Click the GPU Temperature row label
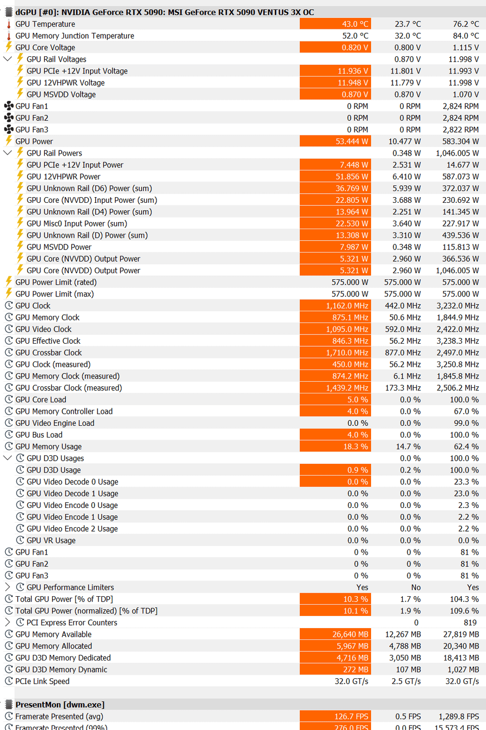[x=45, y=24]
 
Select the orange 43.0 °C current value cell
[x=335, y=24]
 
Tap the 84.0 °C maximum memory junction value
[x=466, y=36]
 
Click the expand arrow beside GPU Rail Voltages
[x=8, y=59]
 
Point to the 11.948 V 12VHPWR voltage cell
[x=335, y=83]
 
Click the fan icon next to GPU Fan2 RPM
[x=9, y=118]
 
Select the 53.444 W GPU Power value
[x=335, y=141]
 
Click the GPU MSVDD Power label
[x=59, y=247]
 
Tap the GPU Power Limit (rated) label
[x=56, y=282]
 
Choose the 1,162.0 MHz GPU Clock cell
[x=335, y=306]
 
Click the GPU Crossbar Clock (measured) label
[x=69, y=388]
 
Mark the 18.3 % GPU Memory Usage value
[x=335, y=447]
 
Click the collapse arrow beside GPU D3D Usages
[x=8, y=458]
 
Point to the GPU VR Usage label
[x=51, y=540]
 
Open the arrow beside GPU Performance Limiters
[x=8, y=587]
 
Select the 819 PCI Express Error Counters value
[x=470, y=623]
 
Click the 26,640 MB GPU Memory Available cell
[x=335, y=634]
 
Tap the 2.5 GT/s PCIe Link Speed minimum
[x=406, y=681]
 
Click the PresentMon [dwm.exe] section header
[x=60, y=705]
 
